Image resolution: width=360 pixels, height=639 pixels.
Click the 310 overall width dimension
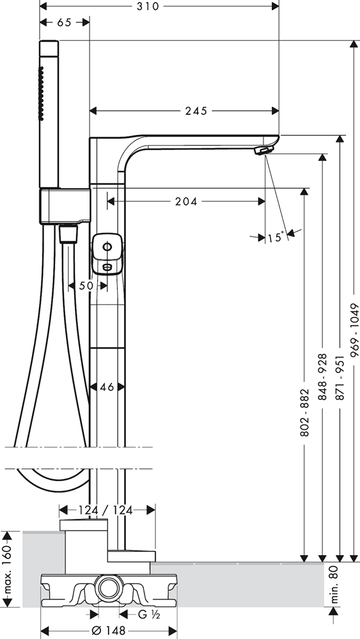(x=147, y=6)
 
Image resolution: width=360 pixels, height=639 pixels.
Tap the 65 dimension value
(x=64, y=22)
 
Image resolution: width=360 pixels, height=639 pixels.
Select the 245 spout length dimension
(x=196, y=111)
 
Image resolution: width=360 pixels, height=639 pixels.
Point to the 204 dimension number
(x=186, y=201)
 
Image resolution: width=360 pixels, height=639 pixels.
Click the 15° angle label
(x=276, y=237)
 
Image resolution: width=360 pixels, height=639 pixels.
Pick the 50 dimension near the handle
(x=86, y=286)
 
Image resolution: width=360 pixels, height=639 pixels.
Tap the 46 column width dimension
(x=107, y=387)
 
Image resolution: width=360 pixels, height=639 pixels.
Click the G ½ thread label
(x=148, y=615)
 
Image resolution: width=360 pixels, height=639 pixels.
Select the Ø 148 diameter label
(x=109, y=631)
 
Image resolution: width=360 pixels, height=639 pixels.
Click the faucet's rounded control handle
(x=107, y=254)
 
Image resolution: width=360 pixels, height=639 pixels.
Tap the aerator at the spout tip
(x=262, y=151)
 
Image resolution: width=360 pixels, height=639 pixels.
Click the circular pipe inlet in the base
(x=109, y=589)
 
